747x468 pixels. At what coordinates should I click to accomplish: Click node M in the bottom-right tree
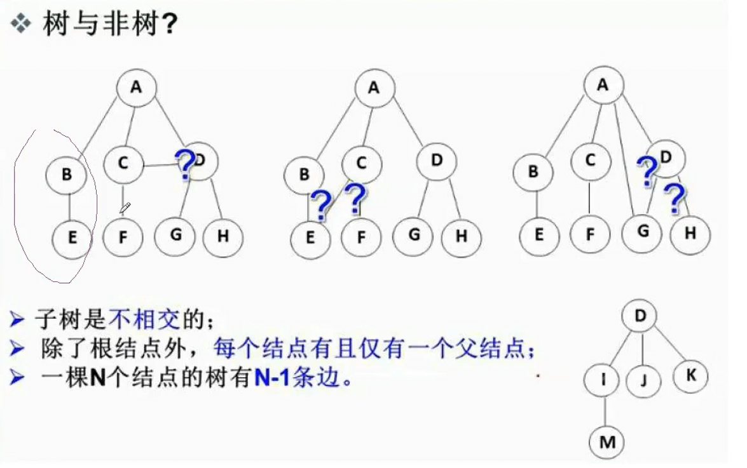(607, 442)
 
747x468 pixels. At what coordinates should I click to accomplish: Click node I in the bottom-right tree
(603, 380)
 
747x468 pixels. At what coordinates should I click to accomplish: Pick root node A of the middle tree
(374, 88)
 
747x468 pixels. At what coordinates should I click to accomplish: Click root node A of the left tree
(136, 87)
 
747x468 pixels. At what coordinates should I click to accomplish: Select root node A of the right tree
(603, 84)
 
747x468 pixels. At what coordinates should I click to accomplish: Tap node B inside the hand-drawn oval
(67, 174)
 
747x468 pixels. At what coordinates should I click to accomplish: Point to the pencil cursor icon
(125, 208)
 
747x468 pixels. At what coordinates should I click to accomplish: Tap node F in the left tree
(123, 236)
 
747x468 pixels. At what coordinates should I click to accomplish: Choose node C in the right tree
(590, 161)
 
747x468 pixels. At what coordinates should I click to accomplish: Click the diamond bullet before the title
(22, 26)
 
